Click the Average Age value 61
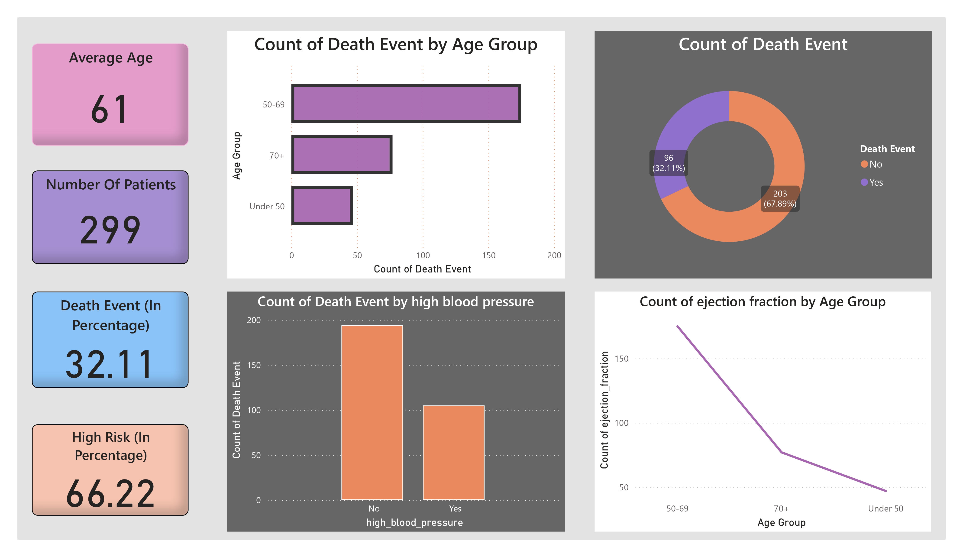(110, 110)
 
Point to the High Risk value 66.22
(110, 494)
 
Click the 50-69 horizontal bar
(406, 104)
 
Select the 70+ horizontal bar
(342, 154)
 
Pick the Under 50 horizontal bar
(322, 206)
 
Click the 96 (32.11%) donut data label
(668, 163)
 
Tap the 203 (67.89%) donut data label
(780, 198)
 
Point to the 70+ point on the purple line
(782, 452)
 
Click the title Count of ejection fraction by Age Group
(762, 302)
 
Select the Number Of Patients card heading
(111, 185)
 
